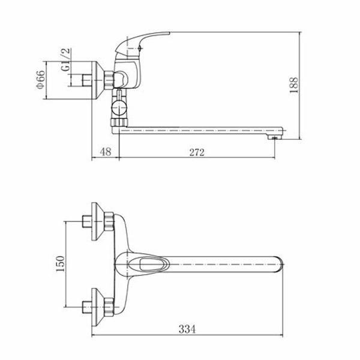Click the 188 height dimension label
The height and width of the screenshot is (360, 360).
point(294,85)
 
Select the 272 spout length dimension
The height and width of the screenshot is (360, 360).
point(197,152)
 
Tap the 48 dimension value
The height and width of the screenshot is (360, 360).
point(106,152)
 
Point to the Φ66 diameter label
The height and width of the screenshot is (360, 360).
point(40,80)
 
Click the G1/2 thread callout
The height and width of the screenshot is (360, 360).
point(66,59)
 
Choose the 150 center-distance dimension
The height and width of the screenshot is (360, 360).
point(61,264)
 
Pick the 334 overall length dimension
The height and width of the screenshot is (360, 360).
point(187,329)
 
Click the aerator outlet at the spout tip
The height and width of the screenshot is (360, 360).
point(274,137)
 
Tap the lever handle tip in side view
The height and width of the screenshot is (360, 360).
point(169,33)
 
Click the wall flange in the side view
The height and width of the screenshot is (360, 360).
point(98,80)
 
